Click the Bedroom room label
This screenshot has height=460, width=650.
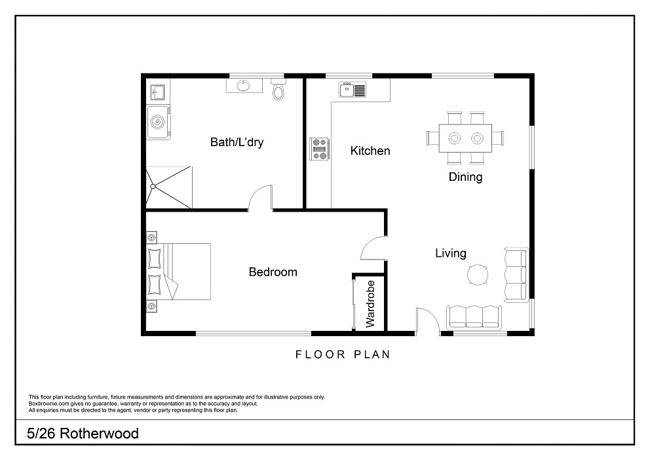[273, 272]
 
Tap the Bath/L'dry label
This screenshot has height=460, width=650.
[237, 142]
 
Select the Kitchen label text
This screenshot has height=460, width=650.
[370, 151]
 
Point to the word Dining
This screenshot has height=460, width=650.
[465, 177]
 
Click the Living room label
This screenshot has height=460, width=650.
[451, 253]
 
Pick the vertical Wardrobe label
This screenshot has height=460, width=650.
[370, 304]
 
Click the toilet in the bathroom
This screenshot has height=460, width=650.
[278, 90]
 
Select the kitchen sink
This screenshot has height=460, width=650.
[353, 90]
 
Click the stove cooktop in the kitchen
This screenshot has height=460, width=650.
[320, 149]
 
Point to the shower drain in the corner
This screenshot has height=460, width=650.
[153, 187]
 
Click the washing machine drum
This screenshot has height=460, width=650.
[157, 122]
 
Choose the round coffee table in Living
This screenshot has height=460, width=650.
[478, 275]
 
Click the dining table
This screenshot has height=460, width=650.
[465, 138]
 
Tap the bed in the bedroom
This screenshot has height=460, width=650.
[179, 271]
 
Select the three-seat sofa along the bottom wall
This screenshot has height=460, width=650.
[474, 317]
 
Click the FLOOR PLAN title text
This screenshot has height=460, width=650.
[343, 355]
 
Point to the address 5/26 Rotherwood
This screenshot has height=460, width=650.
[83, 434]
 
